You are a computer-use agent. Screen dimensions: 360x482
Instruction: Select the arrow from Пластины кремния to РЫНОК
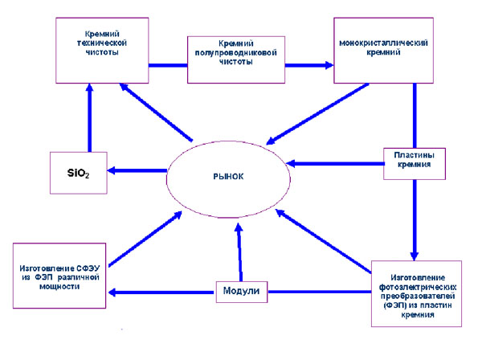coord(337,163)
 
